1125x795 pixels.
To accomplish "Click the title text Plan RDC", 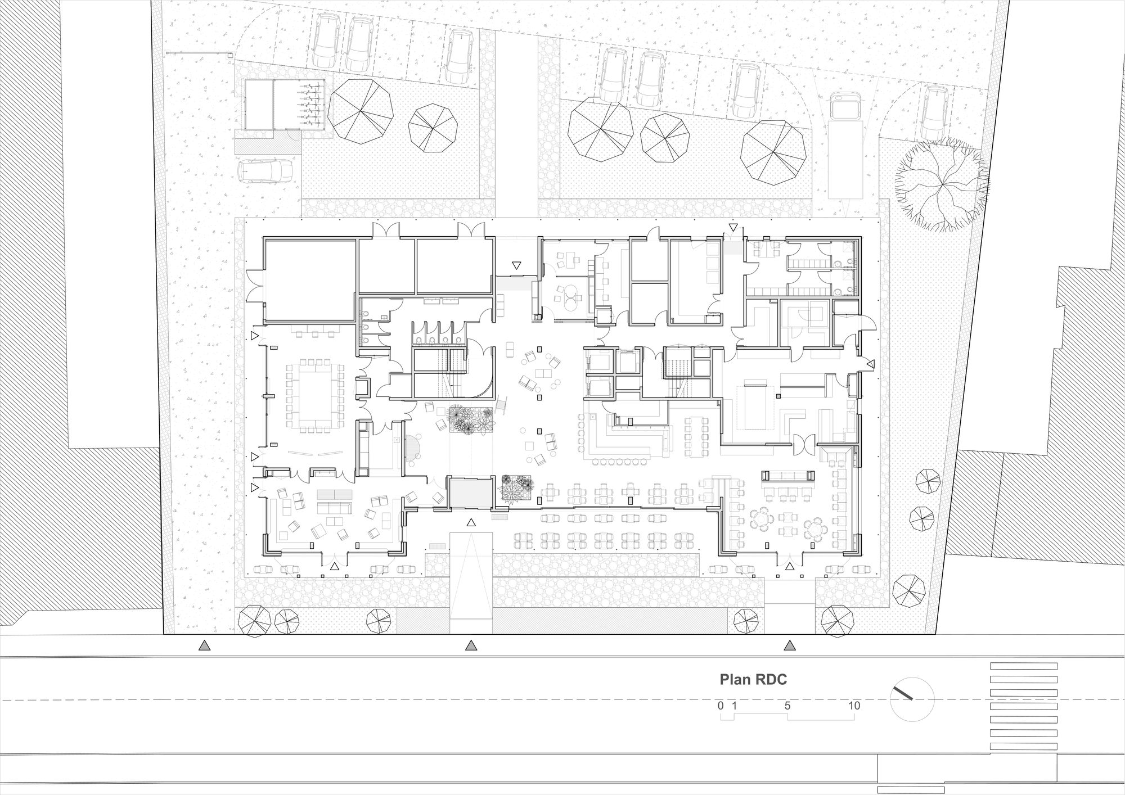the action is [x=753, y=680].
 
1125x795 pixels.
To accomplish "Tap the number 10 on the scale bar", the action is [x=854, y=706].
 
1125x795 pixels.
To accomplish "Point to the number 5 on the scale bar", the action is [x=787, y=706].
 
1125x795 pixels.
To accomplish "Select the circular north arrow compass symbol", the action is [x=912, y=699].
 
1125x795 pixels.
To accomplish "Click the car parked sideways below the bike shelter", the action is [x=265, y=171].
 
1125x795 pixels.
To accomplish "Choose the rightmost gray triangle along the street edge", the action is [x=790, y=645].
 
